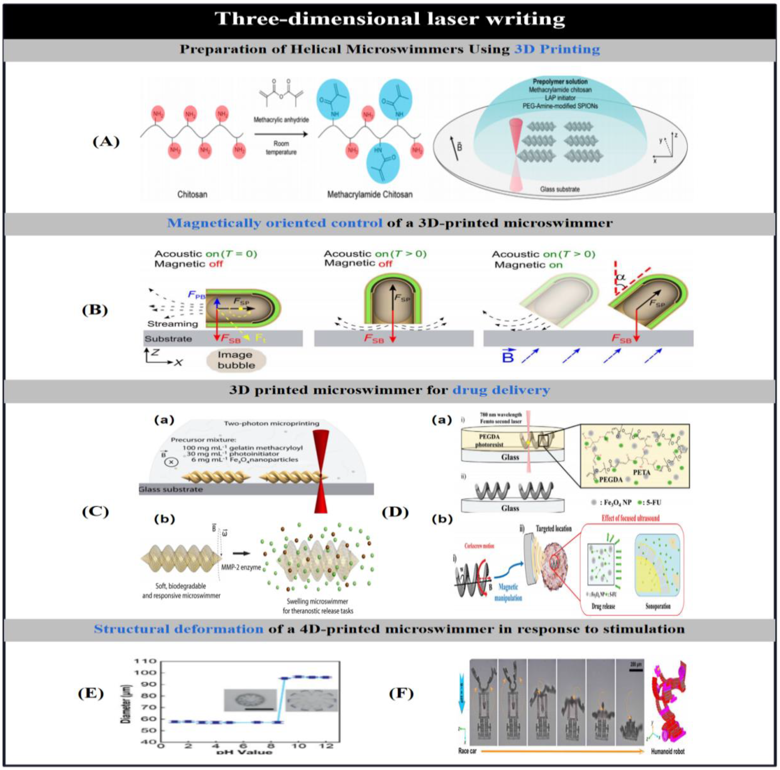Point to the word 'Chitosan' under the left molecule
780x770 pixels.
[x=192, y=194]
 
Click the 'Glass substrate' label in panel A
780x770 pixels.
[x=560, y=189]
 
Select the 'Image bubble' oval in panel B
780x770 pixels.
[x=236, y=360]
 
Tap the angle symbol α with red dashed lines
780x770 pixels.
[x=621, y=278]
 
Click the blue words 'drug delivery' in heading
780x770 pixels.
[x=501, y=390]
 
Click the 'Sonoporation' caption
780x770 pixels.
[x=658, y=606]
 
